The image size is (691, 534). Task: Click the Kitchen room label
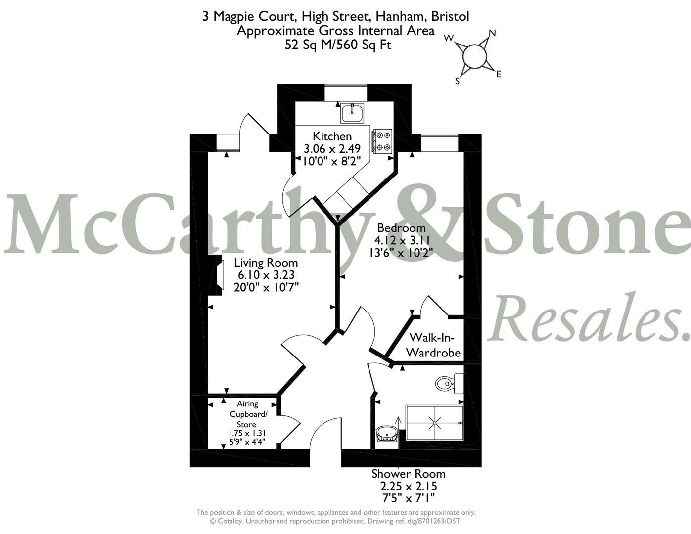[332, 136]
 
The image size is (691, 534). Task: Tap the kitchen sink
[352, 113]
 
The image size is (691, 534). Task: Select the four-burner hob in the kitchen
[382, 141]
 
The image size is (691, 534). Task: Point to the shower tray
[434, 423]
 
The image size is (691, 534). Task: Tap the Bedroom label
[401, 228]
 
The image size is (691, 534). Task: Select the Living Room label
[266, 263]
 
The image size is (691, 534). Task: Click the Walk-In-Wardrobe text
[433, 345]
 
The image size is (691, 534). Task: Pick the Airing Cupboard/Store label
[248, 414]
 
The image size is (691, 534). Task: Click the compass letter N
[492, 33]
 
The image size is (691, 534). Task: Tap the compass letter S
[457, 81]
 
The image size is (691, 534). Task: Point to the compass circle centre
[474, 56]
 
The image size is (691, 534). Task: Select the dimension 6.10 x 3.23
[266, 274]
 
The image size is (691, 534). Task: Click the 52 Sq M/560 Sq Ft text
[338, 44]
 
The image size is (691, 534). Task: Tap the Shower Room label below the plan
[408, 474]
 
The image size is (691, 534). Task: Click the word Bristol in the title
[450, 16]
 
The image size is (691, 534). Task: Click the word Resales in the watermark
[588, 318]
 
